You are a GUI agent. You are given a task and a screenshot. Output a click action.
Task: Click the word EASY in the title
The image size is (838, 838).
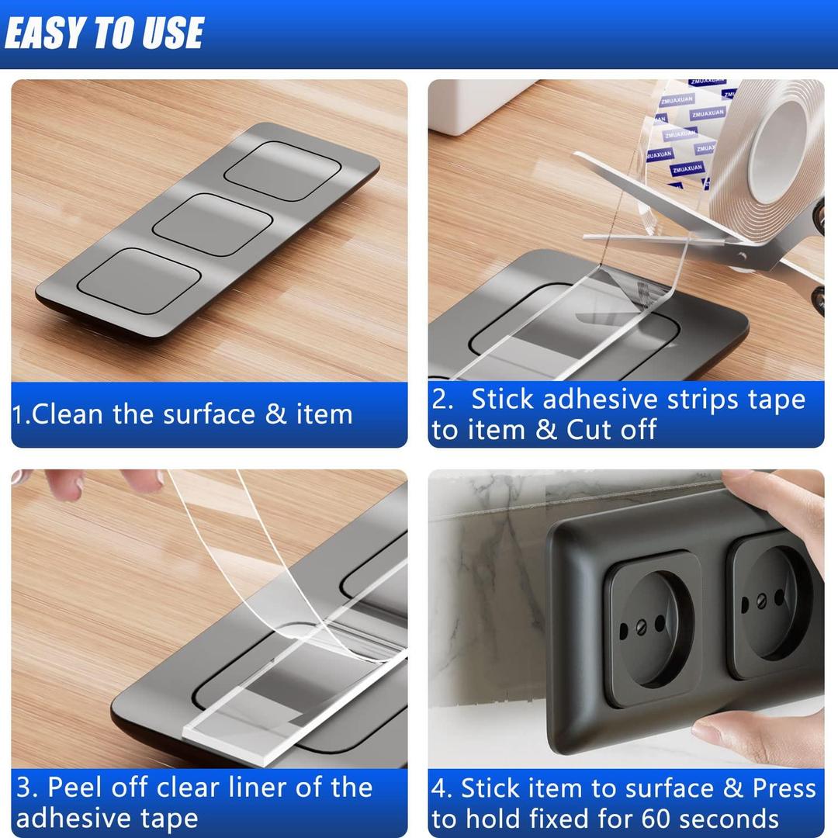pyautogui.click(x=45, y=34)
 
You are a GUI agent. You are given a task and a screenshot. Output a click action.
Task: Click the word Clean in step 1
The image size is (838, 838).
pyautogui.click(x=68, y=414)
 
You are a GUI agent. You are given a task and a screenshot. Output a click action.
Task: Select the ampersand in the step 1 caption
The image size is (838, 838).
pyautogui.click(x=275, y=414)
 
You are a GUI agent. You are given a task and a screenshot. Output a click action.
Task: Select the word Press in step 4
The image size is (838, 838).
pyautogui.click(x=784, y=788)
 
